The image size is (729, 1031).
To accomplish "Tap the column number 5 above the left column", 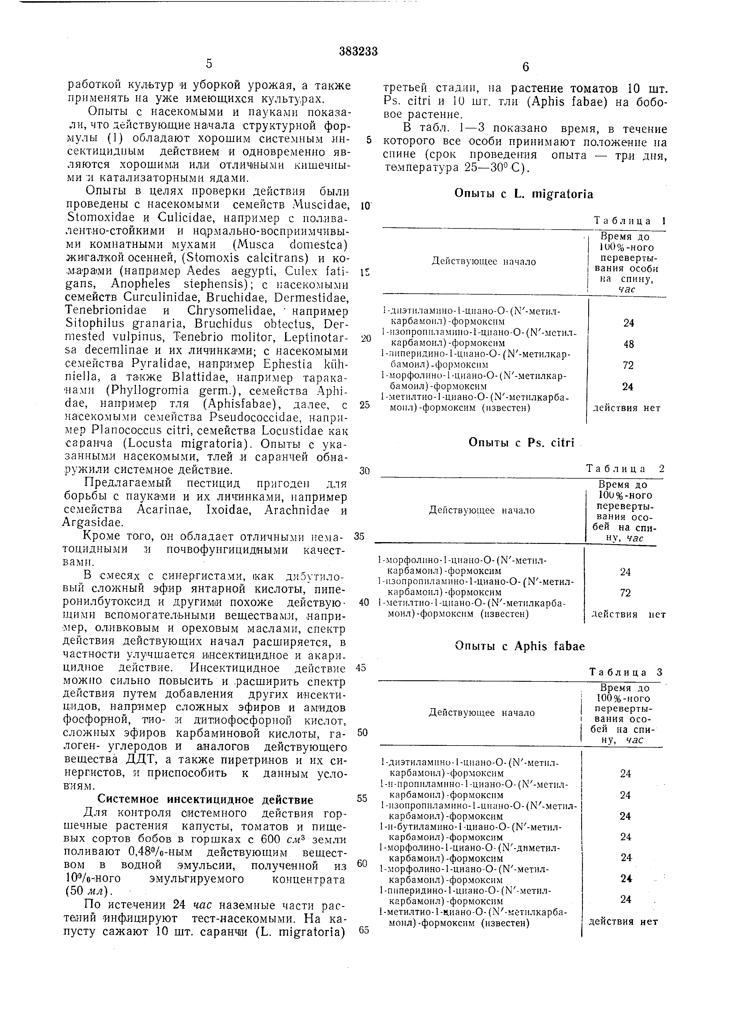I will tap(209, 64).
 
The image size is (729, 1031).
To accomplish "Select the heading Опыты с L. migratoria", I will tap(524, 194).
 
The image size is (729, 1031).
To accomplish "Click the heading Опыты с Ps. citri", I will tap(521, 442).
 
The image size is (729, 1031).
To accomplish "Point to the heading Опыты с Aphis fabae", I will tap(520, 646).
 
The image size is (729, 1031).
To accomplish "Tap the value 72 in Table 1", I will tap(628, 365).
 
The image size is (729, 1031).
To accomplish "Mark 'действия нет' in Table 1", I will tap(627, 408).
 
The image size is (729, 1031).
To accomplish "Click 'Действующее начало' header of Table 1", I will tap(484, 262).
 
